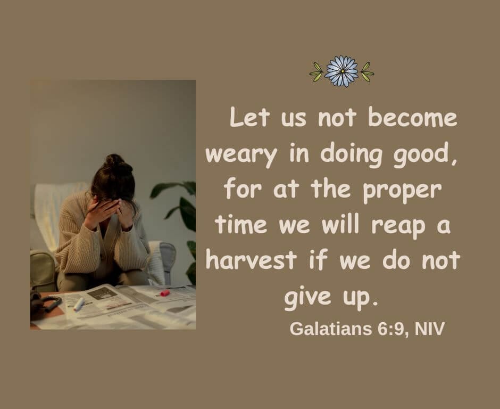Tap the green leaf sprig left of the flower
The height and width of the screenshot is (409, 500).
click(316, 72)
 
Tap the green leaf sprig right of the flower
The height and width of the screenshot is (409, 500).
click(366, 72)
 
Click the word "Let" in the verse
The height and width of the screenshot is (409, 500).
click(249, 117)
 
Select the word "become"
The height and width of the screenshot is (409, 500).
click(413, 118)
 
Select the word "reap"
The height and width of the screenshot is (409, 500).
click(398, 226)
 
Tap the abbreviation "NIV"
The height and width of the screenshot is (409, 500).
click(430, 329)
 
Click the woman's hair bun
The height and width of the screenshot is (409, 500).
click(115, 161)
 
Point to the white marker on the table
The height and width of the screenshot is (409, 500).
click(79, 304)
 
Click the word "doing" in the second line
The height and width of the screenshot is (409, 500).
click(351, 155)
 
